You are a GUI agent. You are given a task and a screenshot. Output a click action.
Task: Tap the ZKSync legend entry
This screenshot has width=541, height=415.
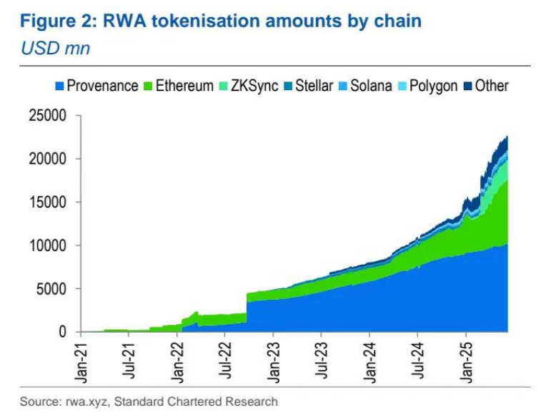click(251, 86)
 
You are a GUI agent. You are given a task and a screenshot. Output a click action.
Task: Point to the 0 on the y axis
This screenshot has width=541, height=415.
click(64, 332)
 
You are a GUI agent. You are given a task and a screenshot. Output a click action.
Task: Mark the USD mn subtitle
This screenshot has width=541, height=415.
click(55, 49)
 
